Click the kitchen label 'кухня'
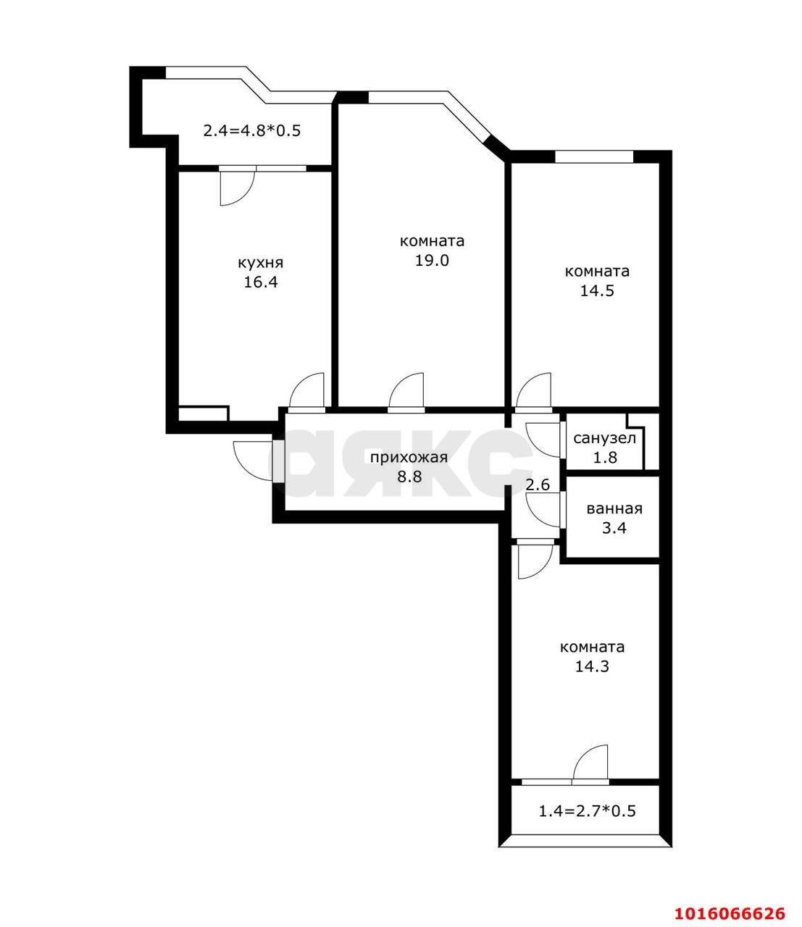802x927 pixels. click(x=260, y=263)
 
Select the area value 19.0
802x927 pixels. click(x=432, y=260)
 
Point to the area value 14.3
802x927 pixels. click(x=592, y=666)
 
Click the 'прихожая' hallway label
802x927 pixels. click(x=409, y=457)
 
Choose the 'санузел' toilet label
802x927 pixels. click(x=604, y=438)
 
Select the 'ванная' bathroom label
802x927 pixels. click(x=614, y=508)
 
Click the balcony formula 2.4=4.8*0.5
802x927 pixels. click(x=251, y=131)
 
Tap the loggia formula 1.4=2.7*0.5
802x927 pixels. click(x=587, y=810)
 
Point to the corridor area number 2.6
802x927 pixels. click(x=538, y=485)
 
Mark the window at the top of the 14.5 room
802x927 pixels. click(x=594, y=156)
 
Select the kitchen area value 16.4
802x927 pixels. click(x=260, y=282)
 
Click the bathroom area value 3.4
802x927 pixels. click(x=614, y=527)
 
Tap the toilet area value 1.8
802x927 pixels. click(x=604, y=457)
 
